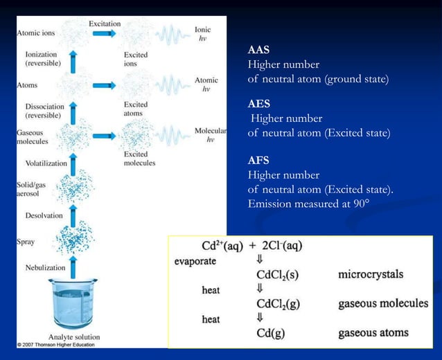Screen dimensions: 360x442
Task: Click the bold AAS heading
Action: [258, 51]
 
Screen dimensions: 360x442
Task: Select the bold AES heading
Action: [258, 104]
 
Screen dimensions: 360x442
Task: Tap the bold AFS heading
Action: [258, 161]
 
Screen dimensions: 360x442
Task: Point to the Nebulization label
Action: [46, 267]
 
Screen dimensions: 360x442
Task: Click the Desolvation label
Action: [44, 215]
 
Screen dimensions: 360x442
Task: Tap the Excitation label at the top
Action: [105, 24]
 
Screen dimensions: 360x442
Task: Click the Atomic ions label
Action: [37, 32]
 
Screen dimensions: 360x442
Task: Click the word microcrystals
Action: [371, 275]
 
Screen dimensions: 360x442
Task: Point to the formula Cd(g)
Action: [272, 334]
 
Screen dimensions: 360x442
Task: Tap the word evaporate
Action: [195, 261]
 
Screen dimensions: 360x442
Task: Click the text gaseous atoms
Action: [373, 334]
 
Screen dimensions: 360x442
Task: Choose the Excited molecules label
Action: [139, 159]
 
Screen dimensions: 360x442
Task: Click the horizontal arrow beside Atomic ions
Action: [105, 33]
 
